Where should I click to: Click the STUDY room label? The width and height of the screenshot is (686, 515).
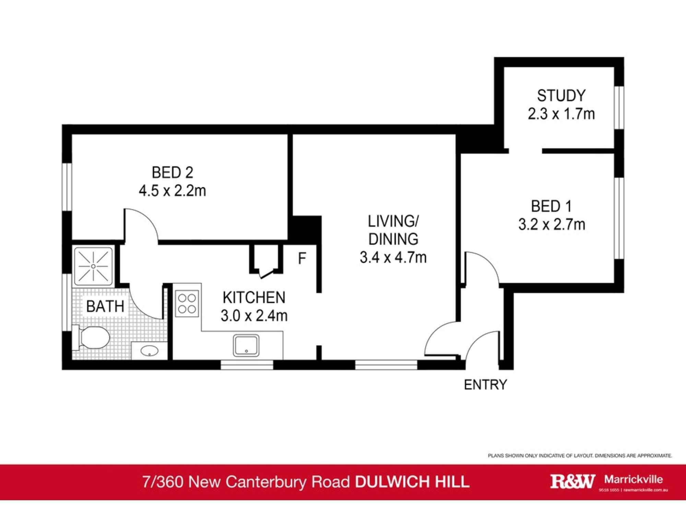[561, 96]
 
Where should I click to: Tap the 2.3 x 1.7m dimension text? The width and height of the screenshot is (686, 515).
[561, 114]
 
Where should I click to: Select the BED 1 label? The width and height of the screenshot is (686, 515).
[552, 206]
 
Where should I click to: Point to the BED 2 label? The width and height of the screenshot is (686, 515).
[173, 172]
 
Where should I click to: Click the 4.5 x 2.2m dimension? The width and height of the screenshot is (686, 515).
[173, 191]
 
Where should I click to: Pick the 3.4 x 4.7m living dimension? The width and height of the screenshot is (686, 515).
[393, 257]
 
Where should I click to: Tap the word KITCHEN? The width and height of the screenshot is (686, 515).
[254, 298]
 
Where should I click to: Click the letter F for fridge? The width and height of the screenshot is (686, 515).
[302, 258]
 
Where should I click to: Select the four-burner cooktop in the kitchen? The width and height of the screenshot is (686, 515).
[187, 304]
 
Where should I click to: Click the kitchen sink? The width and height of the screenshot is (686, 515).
[246, 345]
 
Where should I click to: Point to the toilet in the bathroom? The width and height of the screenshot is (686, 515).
[92, 337]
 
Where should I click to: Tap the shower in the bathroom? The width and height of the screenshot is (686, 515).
[93, 266]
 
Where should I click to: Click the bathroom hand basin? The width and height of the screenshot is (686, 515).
[150, 351]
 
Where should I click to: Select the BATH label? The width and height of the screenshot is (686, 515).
[105, 306]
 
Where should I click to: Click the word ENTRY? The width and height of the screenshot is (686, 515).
[485, 385]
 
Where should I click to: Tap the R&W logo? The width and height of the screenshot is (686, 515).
[572, 481]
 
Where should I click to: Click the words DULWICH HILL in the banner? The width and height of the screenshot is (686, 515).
[412, 482]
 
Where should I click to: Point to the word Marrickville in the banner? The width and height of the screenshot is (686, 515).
[634, 479]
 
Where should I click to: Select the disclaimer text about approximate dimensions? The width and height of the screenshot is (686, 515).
[580, 456]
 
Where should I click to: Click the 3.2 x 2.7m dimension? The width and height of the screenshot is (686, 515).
[552, 225]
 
